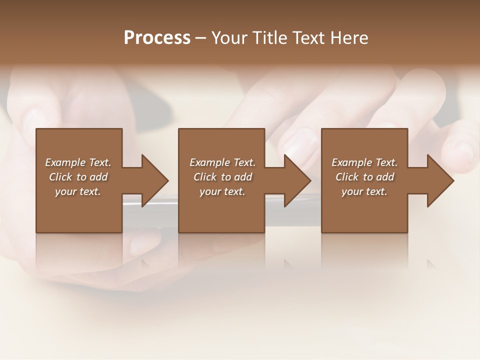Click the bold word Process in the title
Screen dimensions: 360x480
pos(157,38)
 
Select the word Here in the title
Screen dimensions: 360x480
pos(349,38)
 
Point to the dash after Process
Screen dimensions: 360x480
pos(201,38)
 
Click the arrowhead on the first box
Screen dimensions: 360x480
pos(154,180)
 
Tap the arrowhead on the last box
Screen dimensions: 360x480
pos(440,180)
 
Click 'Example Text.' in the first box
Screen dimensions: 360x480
pos(78,162)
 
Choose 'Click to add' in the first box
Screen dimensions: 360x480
pos(78,177)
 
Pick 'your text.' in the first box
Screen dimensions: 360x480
pos(78,191)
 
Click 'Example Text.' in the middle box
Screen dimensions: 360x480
pos(222,162)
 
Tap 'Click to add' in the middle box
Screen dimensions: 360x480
pos(222,177)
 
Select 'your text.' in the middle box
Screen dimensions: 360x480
pos(222,191)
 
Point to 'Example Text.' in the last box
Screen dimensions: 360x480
pos(364,162)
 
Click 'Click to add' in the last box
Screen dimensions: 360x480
pos(364,177)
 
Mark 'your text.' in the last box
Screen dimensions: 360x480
pos(364,191)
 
